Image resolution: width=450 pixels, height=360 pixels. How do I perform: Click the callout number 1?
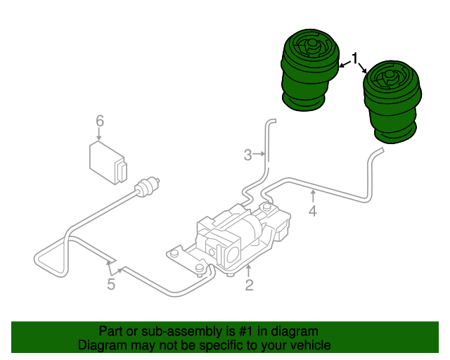click(355, 58)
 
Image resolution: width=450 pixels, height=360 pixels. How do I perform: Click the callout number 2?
click(249, 285)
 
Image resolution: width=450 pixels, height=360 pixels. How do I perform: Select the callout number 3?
click(247, 155)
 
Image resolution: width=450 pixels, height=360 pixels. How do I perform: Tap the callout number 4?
click(312, 211)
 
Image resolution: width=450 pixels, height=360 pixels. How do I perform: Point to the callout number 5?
click(111, 284)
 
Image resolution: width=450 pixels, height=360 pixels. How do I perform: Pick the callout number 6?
click(100, 121)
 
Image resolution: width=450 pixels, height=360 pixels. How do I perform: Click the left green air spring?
click(310, 70)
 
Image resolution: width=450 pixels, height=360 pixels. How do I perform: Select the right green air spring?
click(392, 102)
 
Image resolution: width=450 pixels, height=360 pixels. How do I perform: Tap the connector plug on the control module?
click(121, 172)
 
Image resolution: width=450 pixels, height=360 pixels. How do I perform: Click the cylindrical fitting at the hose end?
click(147, 187)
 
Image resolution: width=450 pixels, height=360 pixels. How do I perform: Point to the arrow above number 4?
click(313, 196)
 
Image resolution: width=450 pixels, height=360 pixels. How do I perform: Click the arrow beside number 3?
click(259, 154)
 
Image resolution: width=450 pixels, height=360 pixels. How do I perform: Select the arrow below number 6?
click(99, 134)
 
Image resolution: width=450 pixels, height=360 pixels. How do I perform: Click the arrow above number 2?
click(248, 271)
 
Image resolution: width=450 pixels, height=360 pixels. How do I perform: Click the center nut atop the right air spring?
click(389, 76)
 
